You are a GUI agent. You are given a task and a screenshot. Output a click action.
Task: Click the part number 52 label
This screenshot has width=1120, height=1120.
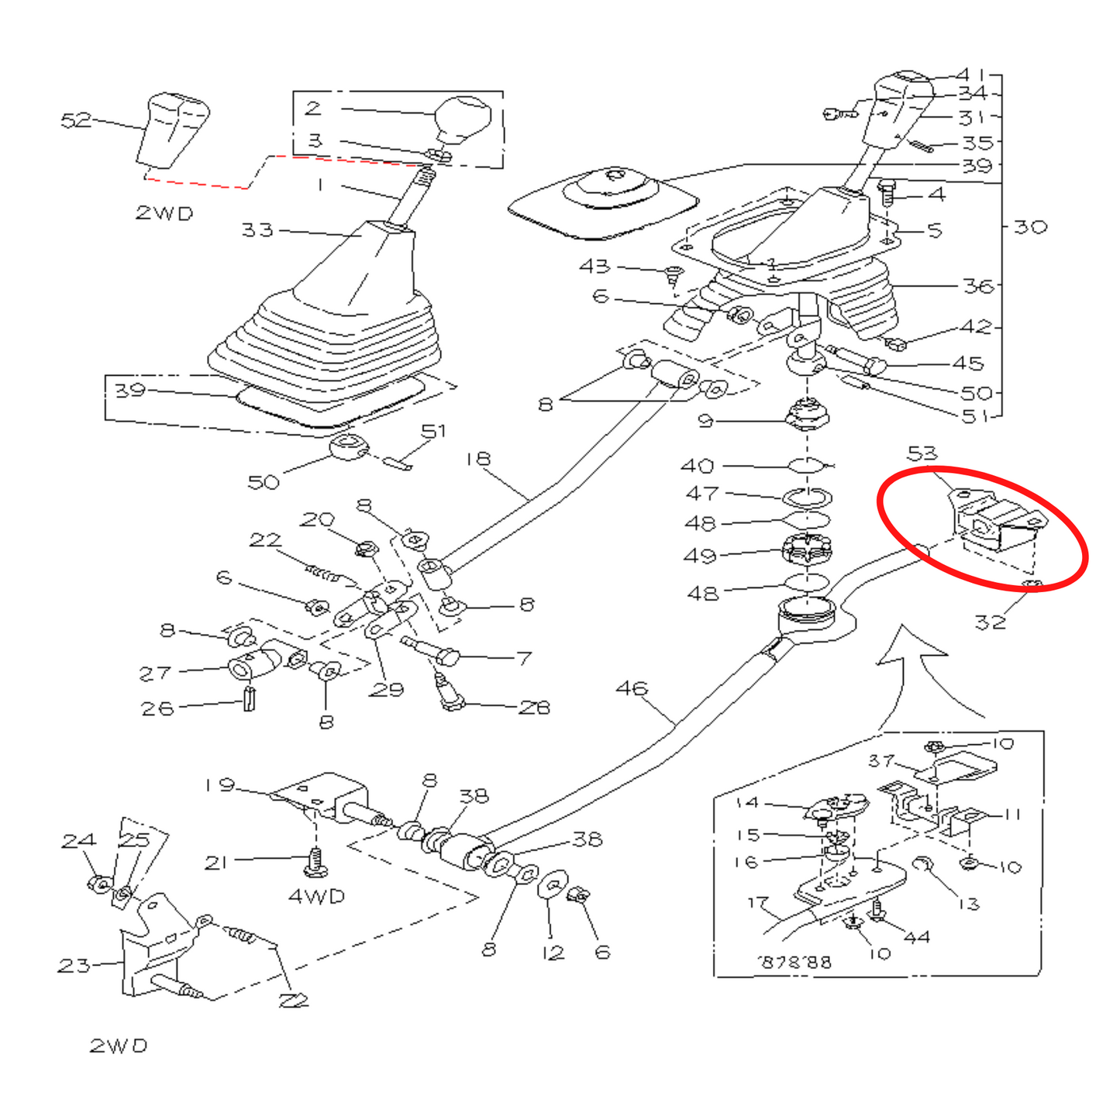tap(75, 120)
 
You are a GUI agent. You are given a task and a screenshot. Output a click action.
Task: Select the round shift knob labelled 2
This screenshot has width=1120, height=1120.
tap(462, 118)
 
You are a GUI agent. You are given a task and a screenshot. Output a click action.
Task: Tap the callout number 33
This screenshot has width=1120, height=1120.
tap(257, 229)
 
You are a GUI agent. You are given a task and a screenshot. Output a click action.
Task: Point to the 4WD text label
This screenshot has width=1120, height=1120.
tap(316, 896)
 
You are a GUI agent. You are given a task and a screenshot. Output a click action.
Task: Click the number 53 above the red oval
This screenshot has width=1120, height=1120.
tap(922, 453)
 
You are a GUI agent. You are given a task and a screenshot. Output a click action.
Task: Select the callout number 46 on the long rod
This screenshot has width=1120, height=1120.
tap(632, 688)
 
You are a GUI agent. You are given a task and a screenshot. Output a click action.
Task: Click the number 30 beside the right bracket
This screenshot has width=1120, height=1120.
tap(1030, 227)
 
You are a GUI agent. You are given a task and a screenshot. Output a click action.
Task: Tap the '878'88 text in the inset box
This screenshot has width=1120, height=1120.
tap(794, 962)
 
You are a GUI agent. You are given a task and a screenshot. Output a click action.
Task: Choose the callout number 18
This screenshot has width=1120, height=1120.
tap(478, 459)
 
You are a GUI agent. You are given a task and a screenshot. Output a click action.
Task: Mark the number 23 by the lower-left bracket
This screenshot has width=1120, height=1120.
tap(74, 966)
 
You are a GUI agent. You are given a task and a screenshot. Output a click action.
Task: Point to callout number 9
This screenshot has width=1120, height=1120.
tap(705, 421)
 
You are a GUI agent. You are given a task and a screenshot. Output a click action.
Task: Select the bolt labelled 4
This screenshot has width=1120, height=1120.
tap(888, 191)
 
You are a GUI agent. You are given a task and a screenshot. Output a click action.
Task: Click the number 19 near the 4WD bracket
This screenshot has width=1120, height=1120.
tap(219, 784)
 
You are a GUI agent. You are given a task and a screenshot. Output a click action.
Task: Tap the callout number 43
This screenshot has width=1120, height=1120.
tap(594, 266)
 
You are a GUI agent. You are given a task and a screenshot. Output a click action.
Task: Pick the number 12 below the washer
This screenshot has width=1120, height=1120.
tap(553, 953)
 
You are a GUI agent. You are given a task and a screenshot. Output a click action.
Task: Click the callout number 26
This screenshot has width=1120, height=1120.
tap(157, 708)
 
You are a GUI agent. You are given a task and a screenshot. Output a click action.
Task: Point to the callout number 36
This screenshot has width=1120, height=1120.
tap(978, 286)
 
